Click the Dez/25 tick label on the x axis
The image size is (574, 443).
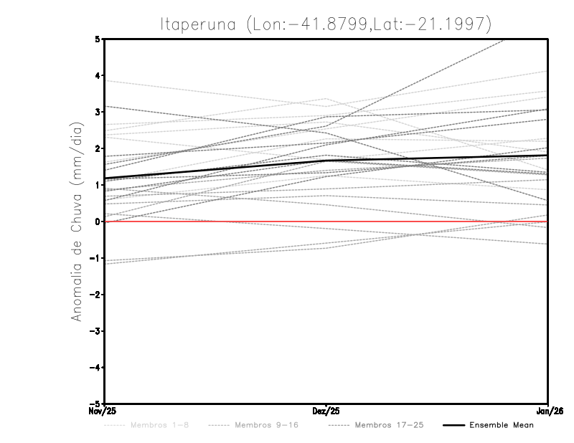point(326,411)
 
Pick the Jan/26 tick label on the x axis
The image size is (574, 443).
point(548,411)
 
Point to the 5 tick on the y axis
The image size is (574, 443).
point(97,39)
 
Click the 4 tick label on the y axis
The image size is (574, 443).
point(97,75)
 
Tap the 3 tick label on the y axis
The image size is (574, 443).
point(97,112)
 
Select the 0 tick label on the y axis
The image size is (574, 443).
point(97,221)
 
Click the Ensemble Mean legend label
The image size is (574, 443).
point(501,425)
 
